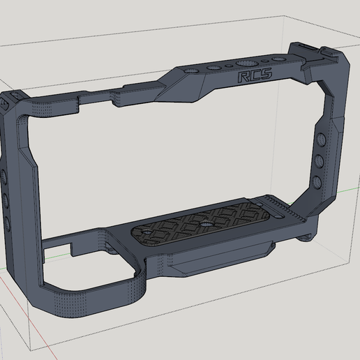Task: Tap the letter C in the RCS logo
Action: [x=254, y=75]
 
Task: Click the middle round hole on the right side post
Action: [x=319, y=160]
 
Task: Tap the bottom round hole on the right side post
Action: [x=317, y=181]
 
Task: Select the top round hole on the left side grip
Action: [x=3, y=175]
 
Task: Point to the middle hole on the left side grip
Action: [x=5, y=200]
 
